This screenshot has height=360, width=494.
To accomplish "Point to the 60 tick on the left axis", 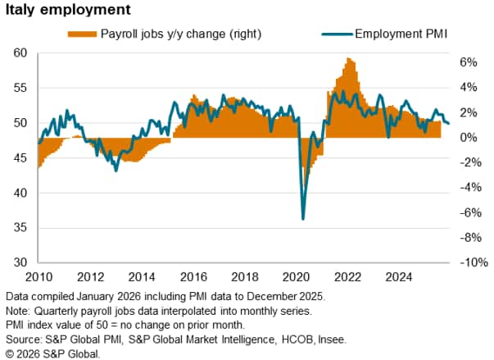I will [x=21, y=53].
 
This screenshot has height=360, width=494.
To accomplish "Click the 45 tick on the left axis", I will [x=21, y=158].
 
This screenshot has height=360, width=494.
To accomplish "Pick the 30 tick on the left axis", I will [x=21, y=263].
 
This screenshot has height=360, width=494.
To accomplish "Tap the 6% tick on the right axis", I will [x=468, y=62].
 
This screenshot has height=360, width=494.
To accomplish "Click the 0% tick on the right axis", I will [x=468, y=138].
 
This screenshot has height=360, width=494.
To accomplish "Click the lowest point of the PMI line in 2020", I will [x=303, y=219].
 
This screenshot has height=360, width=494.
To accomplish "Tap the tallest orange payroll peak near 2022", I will [x=350, y=59].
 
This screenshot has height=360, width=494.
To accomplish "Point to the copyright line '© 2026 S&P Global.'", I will [x=52, y=353].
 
